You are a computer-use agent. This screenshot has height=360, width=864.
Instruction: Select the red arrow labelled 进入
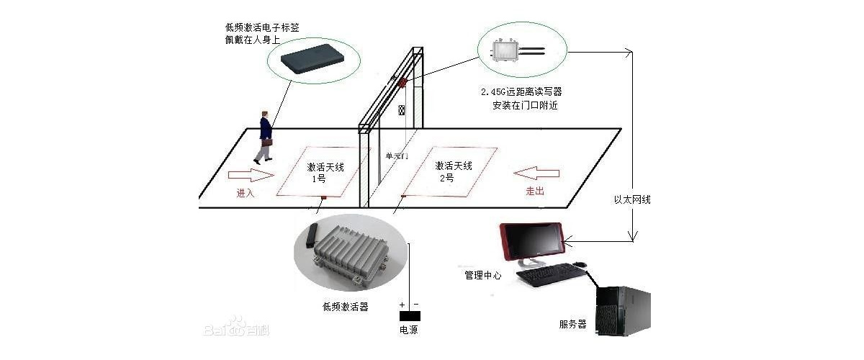click(x=251, y=175)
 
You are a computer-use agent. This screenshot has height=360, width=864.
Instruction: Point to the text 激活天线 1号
click(x=325, y=172)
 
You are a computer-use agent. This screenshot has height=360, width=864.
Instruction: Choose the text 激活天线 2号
click(x=454, y=171)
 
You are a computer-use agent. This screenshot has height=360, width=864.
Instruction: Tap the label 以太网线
click(x=632, y=199)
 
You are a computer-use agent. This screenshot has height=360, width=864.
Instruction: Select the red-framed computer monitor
click(x=533, y=243)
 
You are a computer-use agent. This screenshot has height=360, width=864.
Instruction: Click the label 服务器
click(x=572, y=324)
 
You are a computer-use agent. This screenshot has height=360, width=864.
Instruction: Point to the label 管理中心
click(x=482, y=275)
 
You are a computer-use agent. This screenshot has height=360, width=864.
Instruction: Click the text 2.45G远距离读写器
click(x=521, y=93)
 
